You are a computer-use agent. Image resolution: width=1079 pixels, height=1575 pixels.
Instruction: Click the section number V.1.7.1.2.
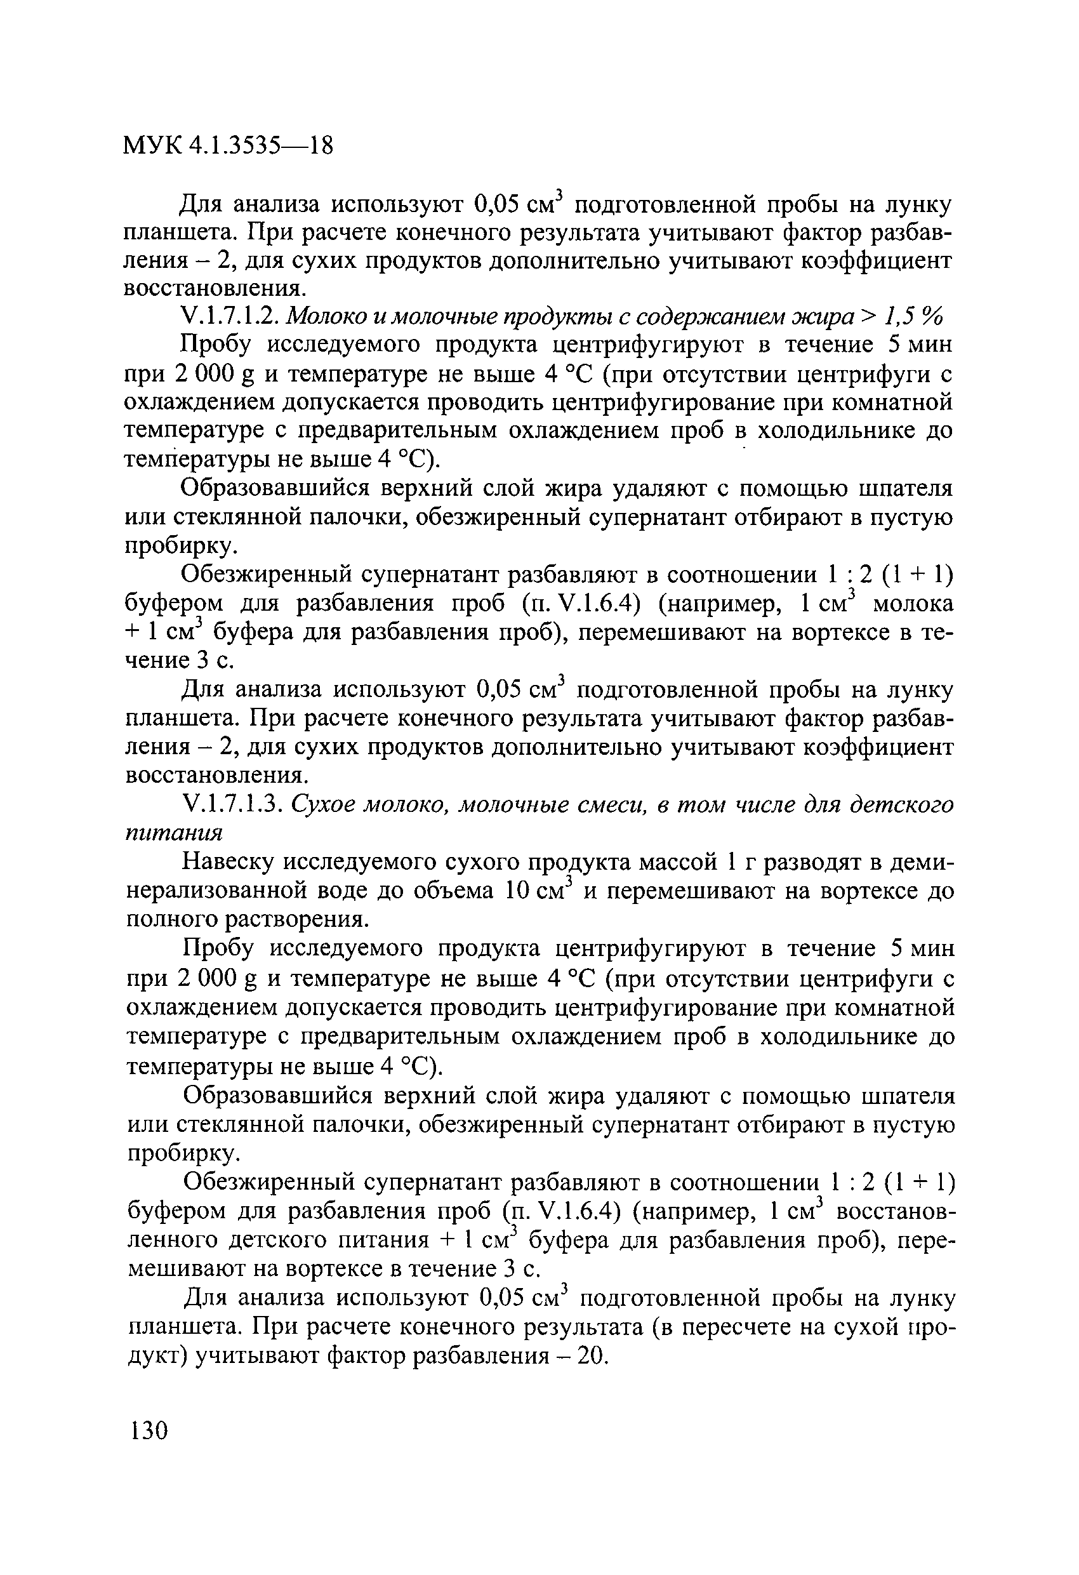click(x=231, y=317)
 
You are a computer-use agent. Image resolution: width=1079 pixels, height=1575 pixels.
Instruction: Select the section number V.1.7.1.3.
click(x=232, y=804)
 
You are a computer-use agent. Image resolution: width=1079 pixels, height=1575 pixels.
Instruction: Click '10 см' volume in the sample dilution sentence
click(x=539, y=891)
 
